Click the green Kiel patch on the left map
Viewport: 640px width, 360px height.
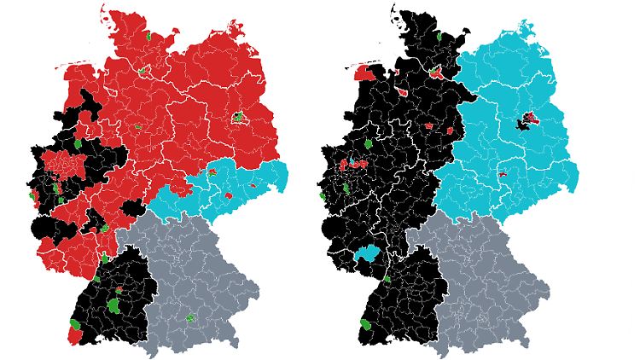coord(148,37)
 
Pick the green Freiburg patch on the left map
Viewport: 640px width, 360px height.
coord(77,325)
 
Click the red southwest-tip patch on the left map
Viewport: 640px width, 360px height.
coord(74,335)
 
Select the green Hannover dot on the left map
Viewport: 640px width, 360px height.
coord(137,127)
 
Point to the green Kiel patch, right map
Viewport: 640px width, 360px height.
coord(438,38)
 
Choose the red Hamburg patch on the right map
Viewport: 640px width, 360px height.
coord(436,73)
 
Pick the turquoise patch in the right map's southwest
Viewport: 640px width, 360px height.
coord(369,253)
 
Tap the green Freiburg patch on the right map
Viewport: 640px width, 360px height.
coord(368,326)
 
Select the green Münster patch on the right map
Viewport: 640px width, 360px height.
coord(368,144)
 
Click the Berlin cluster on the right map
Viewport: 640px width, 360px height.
coord(527,121)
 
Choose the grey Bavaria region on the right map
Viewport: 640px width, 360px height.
coord(486,273)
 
